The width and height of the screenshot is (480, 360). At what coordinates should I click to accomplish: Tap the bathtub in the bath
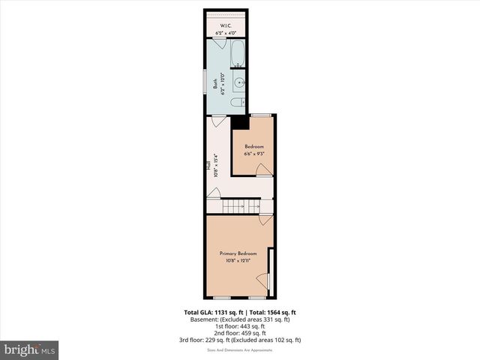pos(238,54)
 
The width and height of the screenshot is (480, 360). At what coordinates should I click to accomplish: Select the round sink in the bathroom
pos(239,82)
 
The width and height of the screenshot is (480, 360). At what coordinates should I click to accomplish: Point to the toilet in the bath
pos(237,102)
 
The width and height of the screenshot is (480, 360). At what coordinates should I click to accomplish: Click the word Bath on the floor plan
pos(214,85)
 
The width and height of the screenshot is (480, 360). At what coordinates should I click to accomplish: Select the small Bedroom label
pos(253,146)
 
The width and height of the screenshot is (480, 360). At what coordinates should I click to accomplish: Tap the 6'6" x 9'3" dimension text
pos(253,154)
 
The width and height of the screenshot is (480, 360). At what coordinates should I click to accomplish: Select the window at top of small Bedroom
pos(262,115)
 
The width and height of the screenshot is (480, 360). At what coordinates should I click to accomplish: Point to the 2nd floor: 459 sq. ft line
pos(240,333)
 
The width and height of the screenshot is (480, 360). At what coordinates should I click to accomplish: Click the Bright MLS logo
pos(30,349)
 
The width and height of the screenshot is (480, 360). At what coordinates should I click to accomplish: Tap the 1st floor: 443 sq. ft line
pos(240,326)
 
